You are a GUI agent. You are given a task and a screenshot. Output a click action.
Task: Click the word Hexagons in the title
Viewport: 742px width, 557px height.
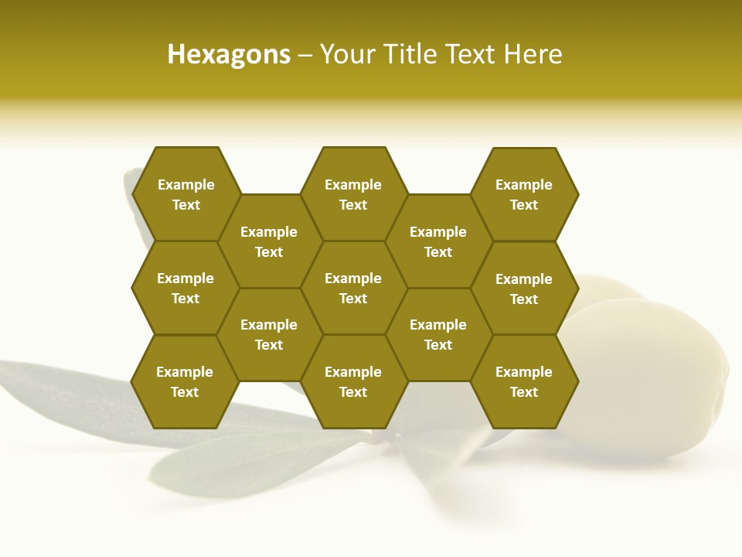[229, 55]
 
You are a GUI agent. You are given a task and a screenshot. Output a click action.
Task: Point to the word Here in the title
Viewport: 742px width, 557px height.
[533, 55]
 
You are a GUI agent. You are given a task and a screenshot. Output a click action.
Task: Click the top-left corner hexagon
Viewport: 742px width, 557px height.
[185, 194]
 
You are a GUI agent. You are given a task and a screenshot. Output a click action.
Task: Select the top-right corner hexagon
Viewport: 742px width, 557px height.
[524, 194]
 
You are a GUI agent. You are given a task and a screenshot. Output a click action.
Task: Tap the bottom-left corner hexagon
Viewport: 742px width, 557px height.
[185, 381]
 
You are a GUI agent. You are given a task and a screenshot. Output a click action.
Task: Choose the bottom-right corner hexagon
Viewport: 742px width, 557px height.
[524, 381]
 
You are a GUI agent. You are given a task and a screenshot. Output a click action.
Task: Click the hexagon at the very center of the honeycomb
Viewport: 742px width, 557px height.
[353, 288]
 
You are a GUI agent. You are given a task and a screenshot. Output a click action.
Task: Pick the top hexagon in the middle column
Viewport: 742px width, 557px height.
[353, 194]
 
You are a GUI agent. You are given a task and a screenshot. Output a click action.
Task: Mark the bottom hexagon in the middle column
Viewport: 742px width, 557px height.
[353, 381]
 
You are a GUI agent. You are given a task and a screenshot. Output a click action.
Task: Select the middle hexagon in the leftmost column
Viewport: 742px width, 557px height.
[185, 288]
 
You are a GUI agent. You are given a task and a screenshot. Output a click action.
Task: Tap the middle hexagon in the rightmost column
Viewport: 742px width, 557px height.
[524, 289]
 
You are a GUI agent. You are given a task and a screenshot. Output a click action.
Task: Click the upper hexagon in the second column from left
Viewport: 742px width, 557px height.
[269, 241]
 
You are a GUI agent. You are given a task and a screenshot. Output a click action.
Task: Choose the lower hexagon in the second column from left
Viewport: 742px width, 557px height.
[269, 334]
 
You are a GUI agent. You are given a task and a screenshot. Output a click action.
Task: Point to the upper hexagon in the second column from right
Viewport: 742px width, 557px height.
[438, 241]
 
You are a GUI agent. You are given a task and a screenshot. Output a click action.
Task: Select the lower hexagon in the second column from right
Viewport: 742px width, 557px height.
[438, 334]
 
